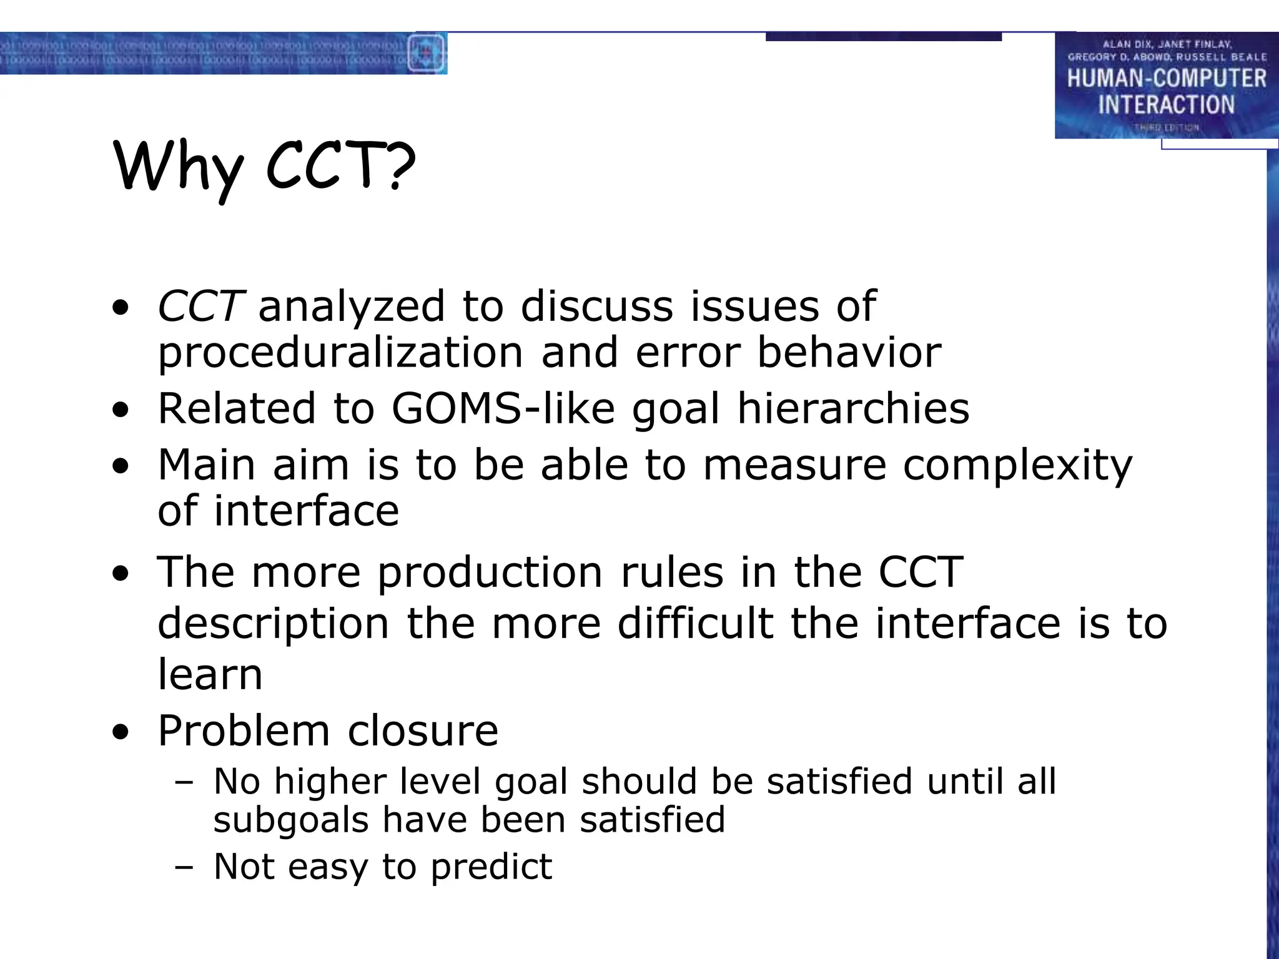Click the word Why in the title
178,167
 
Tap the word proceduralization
340,353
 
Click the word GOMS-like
503,408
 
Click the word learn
210,674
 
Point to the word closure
423,730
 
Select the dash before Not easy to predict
184,867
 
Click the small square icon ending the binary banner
427,54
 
